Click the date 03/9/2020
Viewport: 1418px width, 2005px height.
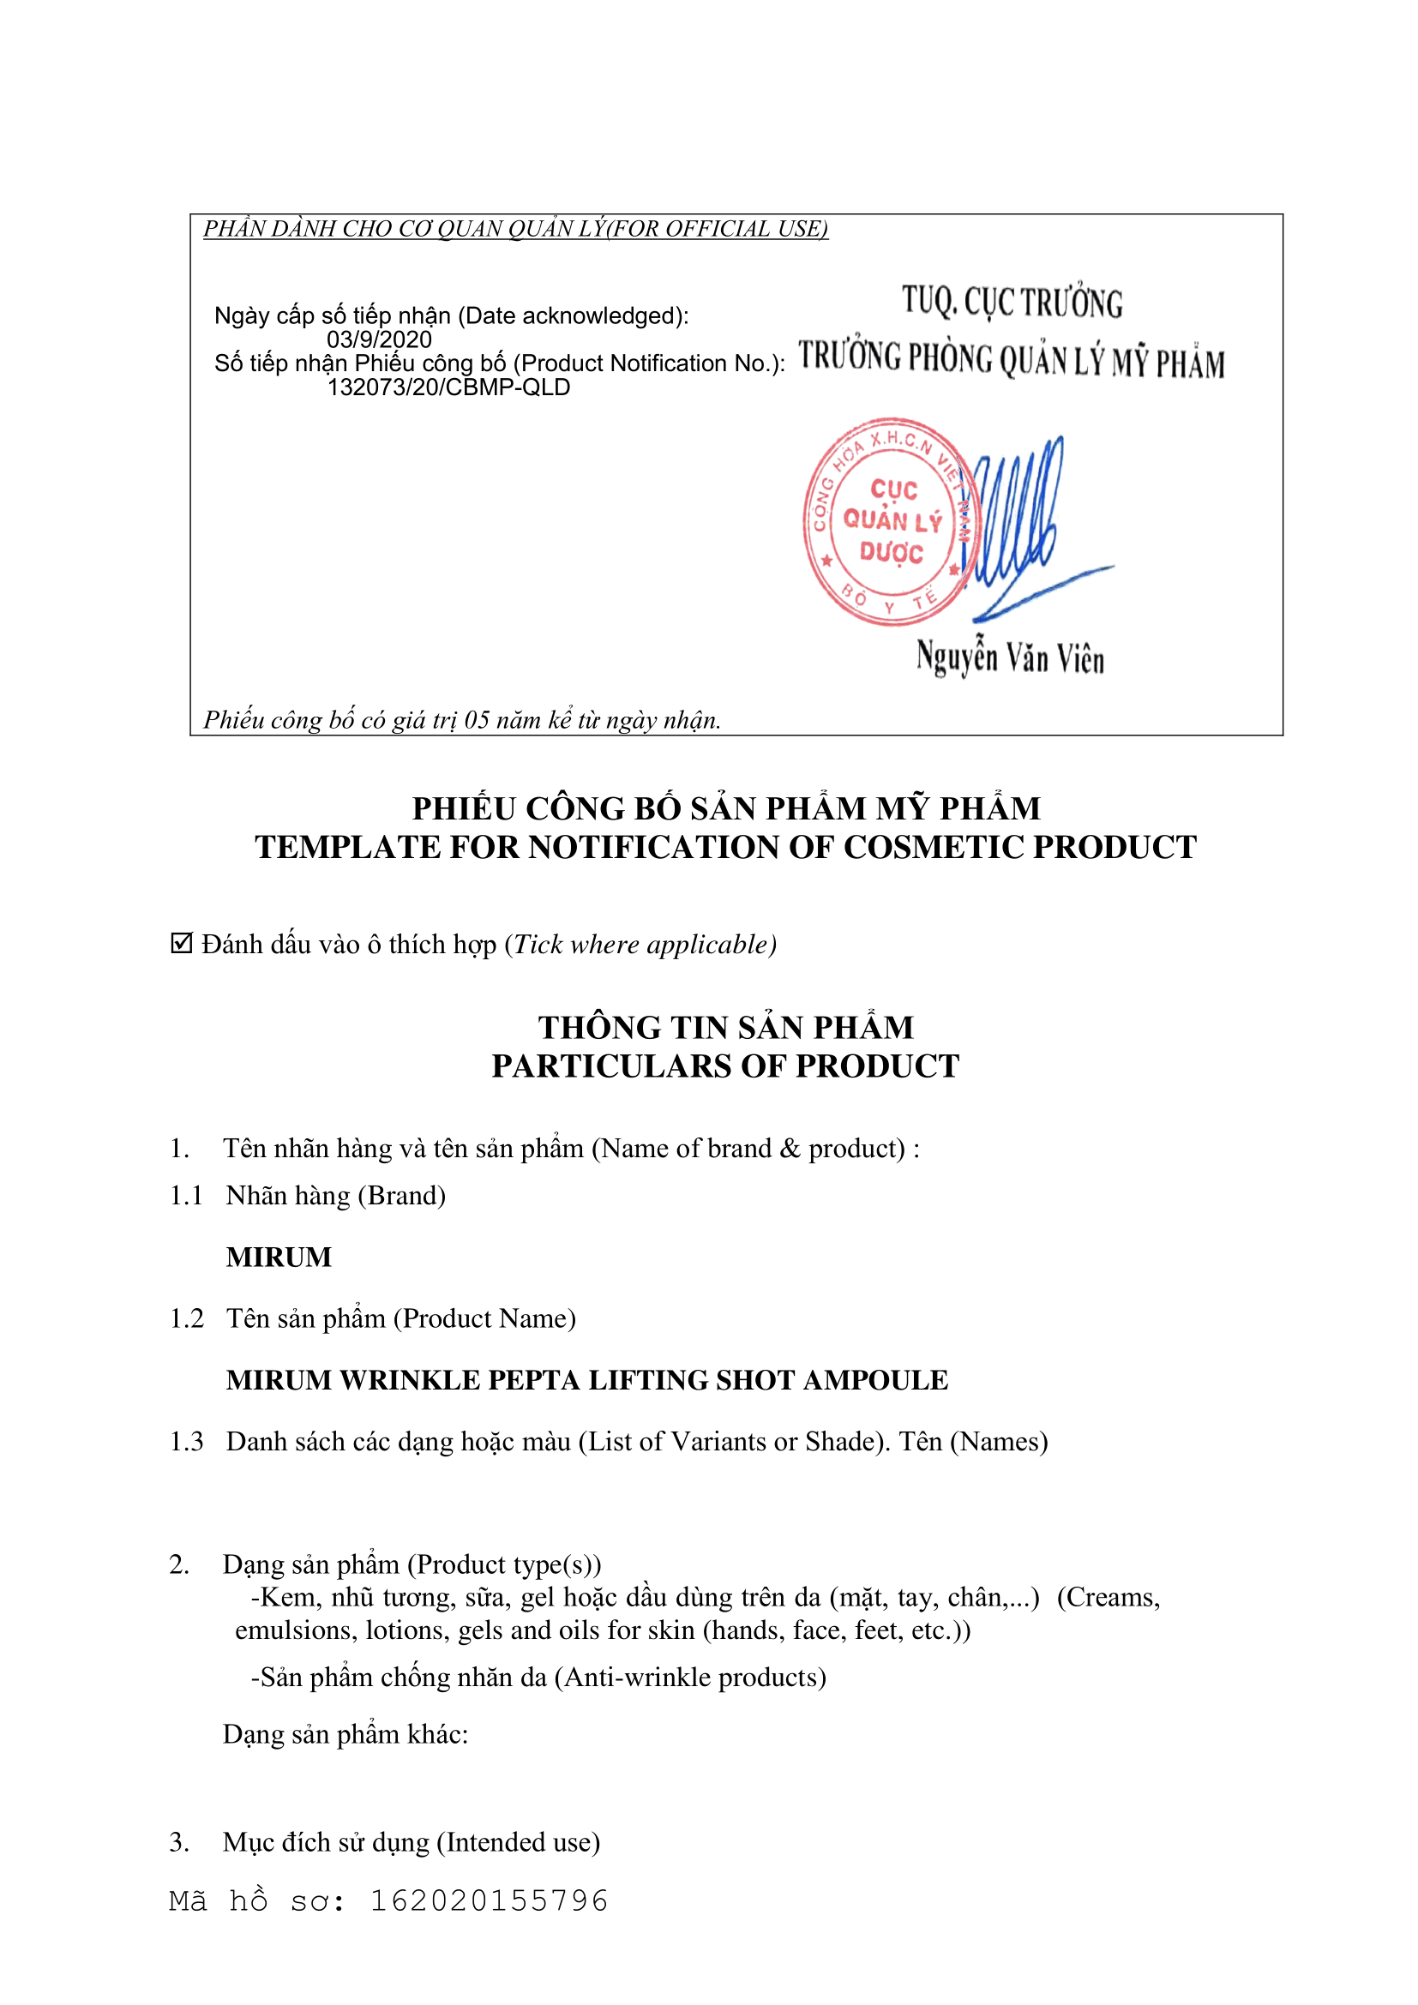click(x=379, y=339)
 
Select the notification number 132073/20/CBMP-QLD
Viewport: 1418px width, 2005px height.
click(x=448, y=387)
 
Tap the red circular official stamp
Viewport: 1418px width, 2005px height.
click(x=890, y=521)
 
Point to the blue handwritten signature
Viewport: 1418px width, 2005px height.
click(x=1022, y=524)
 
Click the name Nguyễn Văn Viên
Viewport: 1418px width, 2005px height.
click(x=1010, y=657)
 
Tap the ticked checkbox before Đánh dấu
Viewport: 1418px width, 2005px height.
click(x=181, y=943)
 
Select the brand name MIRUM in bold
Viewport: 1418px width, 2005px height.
click(x=279, y=1257)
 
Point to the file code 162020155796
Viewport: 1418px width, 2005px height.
click(x=489, y=1901)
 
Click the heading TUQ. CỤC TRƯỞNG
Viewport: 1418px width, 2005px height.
click(x=1012, y=302)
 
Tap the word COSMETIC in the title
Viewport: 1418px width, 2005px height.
click(x=929, y=847)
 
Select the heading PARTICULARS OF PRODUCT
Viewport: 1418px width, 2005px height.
click(x=724, y=1066)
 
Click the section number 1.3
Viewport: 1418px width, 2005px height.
click(x=186, y=1441)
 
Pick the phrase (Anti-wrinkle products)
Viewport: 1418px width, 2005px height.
click(x=690, y=1677)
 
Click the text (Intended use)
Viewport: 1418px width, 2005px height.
click(x=518, y=1841)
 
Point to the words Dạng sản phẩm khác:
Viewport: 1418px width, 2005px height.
click(x=345, y=1733)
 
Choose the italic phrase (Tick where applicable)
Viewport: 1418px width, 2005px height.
click(x=641, y=944)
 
